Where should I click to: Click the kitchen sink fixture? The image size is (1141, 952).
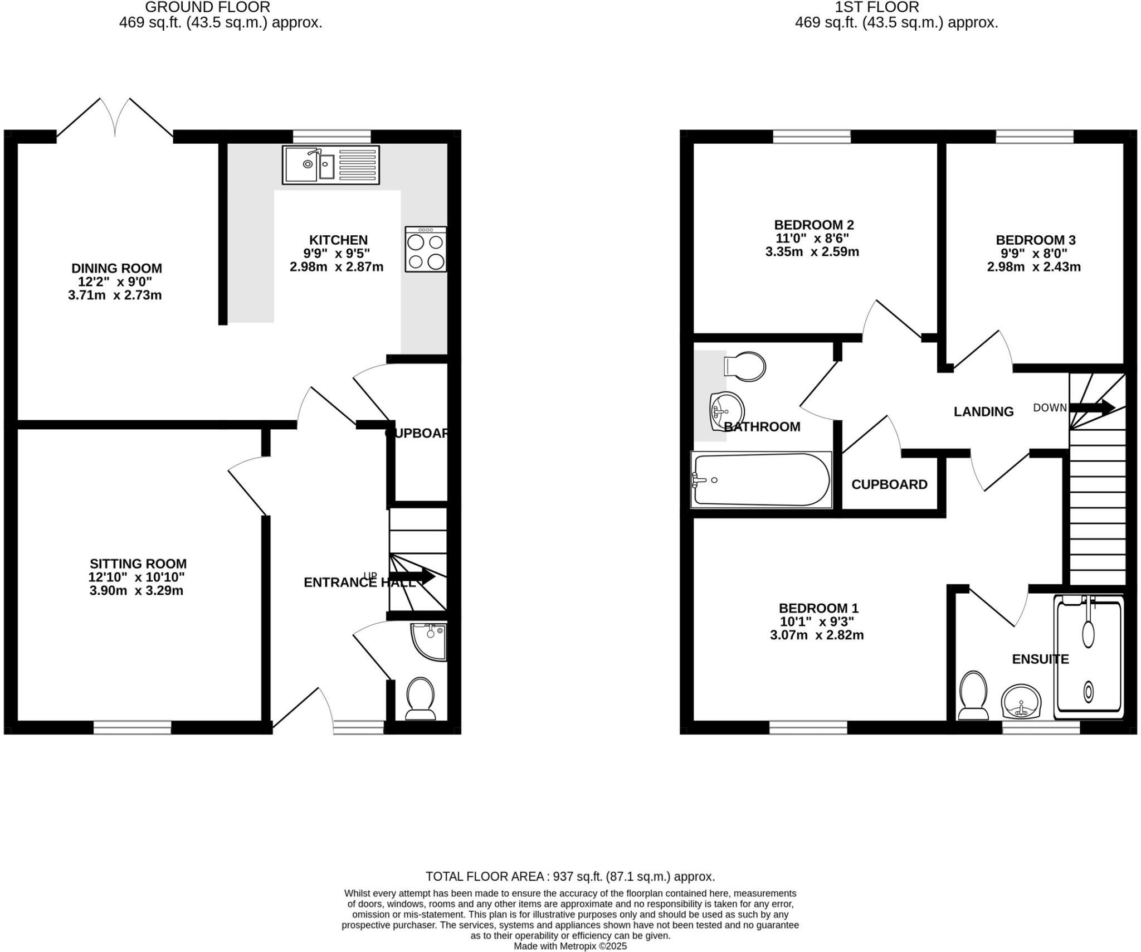(331, 165)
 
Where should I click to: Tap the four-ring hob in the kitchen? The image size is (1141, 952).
(426, 249)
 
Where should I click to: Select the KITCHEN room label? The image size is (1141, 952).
(338, 240)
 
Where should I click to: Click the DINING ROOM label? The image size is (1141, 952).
(116, 268)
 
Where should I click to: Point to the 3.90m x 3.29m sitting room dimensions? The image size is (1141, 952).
(136, 591)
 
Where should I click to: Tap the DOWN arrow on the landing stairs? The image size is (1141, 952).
(1092, 407)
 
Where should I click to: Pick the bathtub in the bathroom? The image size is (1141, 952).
(761, 479)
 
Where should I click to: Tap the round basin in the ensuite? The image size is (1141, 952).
(1021, 702)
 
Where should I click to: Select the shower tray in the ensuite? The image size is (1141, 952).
(1088, 656)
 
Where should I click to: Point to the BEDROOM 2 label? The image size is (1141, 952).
(813, 225)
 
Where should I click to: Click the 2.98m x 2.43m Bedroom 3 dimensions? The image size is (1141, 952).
(1033, 267)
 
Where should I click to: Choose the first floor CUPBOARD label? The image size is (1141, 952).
(889, 484)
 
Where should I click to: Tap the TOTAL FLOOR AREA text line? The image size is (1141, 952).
(570, 876)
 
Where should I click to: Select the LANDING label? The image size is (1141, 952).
(983, 411)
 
